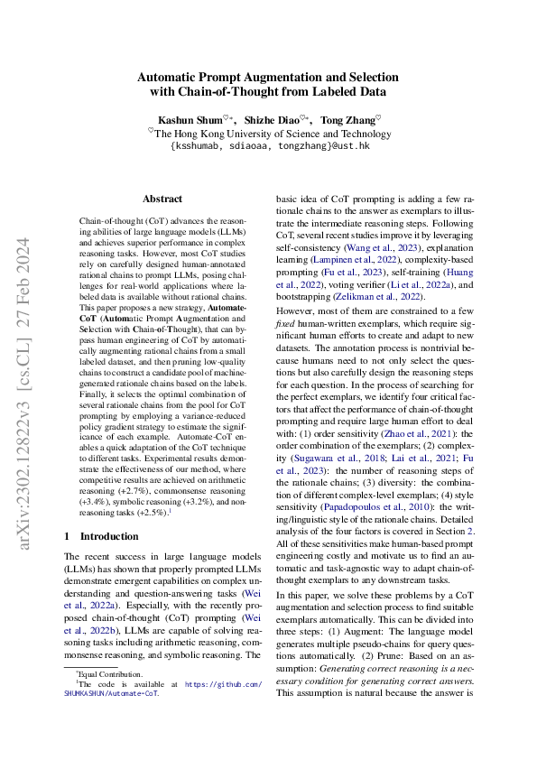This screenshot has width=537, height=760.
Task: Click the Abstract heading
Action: pyautogui.click(x=162, y=199)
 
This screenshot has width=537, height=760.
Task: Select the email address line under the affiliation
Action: pyautogui.click(x=269, y=145)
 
